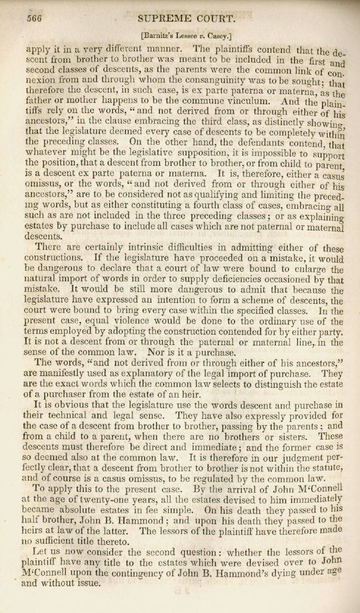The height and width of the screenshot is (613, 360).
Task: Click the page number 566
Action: pyautogui.click(x=34, y=19)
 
